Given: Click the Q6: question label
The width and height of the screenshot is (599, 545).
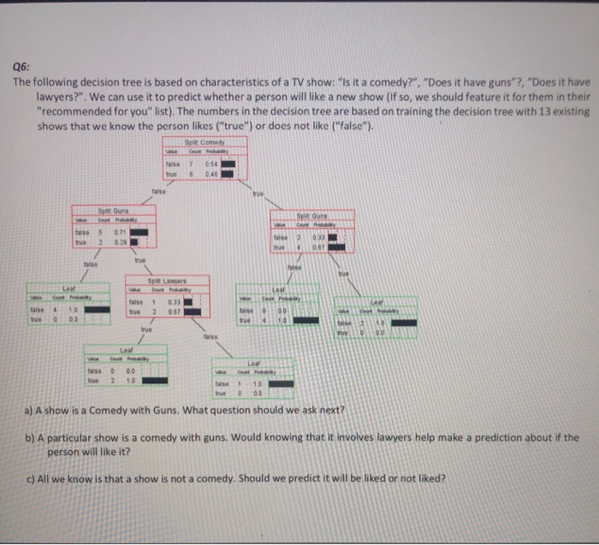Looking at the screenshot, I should tap(23, 68).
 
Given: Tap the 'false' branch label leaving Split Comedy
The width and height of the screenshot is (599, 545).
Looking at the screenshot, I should tap(159, 192).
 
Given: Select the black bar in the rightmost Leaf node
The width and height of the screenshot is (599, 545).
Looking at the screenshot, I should tap(405, 323).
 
